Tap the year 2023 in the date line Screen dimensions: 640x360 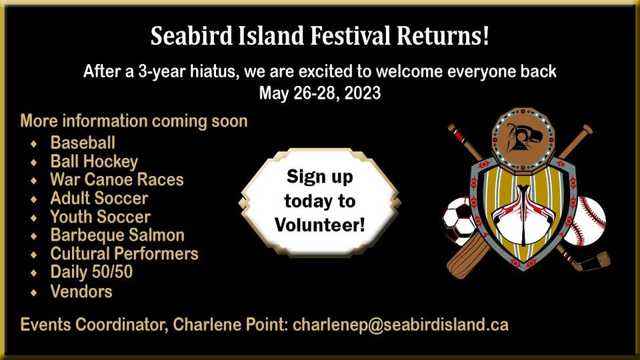pyautogui.click(x=363, y=93)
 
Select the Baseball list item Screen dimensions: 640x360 pyautogui.click(x=83, y=143)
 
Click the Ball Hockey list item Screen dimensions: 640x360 pyautogui.click(x=94, y=162)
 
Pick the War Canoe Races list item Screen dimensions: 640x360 pyautogui.click(x=117, y=179)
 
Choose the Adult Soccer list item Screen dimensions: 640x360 pyautogui.click(x=99, y=199)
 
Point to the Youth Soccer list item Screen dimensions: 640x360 pyautogui.click(x=101, y=217)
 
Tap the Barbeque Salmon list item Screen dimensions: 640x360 pyautogui.click(x=117, y=235)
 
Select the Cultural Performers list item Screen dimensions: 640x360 pyautogui.click(x=125, y=254)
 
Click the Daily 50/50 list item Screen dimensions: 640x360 pyautogui.click(x=91, y=273)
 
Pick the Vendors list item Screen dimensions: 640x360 pyautogui.click(x=81, y=291)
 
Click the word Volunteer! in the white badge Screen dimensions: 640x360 pyautogui.click(x=320, y=225)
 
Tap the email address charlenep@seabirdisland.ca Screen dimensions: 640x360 pyautogui.click(x=401, y=325)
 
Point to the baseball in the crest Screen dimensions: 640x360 pyautogui.click(x=588, y=221)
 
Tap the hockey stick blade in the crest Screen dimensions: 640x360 pyautogui.click(x=594, y=261)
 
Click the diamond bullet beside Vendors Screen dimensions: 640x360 pyautogui.click(x=34, y=292)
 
